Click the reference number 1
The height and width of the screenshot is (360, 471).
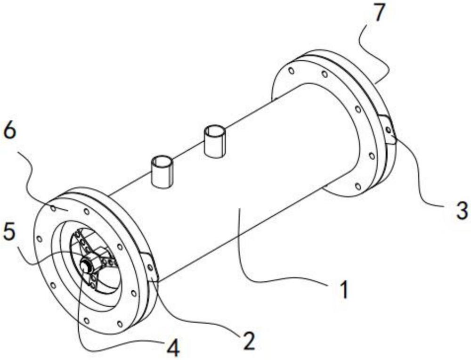point(344,289)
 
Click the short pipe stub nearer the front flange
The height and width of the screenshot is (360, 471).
point(162,172)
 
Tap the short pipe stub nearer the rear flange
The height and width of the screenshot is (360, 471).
point(215,141)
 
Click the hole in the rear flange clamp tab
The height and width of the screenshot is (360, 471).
point(389,130)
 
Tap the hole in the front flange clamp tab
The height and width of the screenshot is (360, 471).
point(150,267)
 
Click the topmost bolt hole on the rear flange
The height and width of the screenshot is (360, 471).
point(291,71)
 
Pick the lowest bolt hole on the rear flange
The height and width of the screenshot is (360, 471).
point(357,187)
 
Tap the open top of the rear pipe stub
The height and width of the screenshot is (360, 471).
point(215,131)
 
